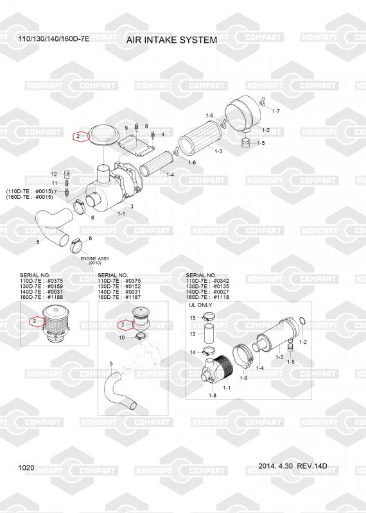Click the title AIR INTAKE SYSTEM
[171, 40]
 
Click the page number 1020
[26, 467]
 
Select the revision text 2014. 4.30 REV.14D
[293, 466]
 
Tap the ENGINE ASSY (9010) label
[94, 260]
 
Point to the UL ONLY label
[200, 305]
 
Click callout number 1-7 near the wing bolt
[276, 111]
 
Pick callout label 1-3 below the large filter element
[218, 151]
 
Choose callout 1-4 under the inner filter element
[170, 174]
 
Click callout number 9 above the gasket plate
[126, 128]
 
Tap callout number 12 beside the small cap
[54, 174]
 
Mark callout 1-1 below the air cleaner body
[121, 214]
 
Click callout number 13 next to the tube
[193, 334]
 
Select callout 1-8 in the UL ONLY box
[213, 395]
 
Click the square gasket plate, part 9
[136, 146]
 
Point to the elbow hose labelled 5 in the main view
[53, 228]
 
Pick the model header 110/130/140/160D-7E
[54, 38]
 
